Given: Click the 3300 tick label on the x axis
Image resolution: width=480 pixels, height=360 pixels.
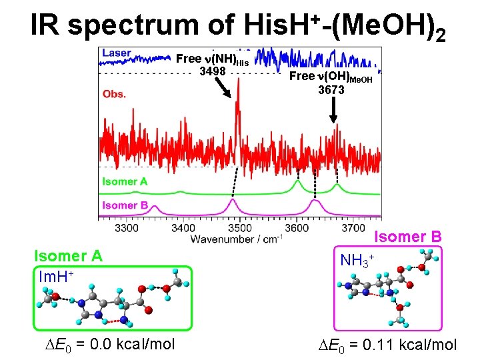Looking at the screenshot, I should (127, 228).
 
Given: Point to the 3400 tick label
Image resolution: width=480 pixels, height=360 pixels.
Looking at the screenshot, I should (183, 228).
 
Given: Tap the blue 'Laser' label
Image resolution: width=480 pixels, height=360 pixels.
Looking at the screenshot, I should (117, 53).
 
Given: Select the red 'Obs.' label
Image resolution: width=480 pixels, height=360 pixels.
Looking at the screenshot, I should (115, 94).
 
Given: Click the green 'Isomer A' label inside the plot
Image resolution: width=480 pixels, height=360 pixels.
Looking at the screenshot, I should (125, 181).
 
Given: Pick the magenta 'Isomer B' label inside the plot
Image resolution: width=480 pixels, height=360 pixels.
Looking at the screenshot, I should (125, 205).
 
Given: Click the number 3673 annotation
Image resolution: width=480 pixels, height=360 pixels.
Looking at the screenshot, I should (331, 89).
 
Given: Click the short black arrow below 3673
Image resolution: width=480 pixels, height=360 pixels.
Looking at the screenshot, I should (334, 112).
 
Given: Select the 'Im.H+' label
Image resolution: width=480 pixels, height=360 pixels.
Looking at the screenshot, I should (56, 276).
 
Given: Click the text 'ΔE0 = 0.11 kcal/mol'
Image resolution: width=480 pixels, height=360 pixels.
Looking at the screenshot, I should (387, 344).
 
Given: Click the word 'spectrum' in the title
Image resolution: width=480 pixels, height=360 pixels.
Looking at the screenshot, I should (151, 25).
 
